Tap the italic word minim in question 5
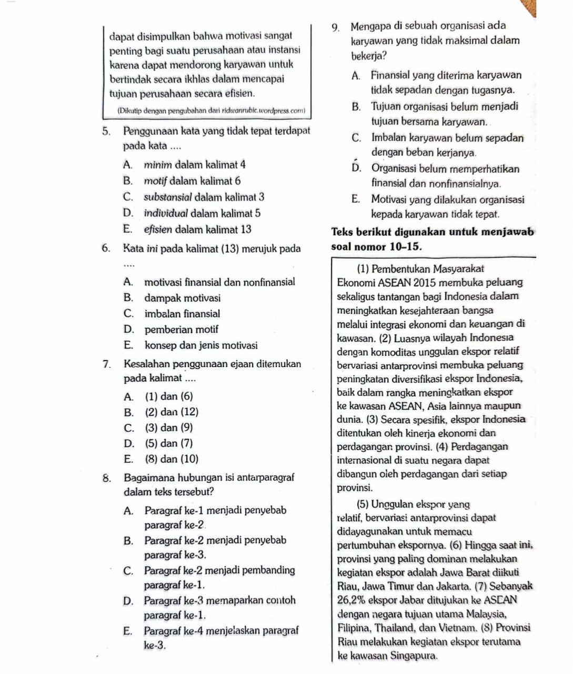point(156,165)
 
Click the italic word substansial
point(167,197)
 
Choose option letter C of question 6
point(128,314)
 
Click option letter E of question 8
point(127,630)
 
